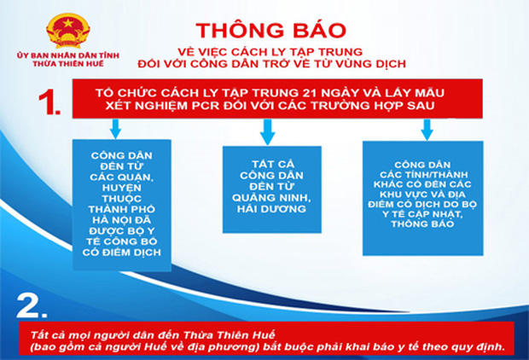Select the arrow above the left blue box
(114, 131)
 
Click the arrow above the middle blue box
(266, 131)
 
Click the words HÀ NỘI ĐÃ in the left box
(113, 218)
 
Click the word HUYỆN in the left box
(114, 182)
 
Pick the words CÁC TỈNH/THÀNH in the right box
(423, 175)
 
